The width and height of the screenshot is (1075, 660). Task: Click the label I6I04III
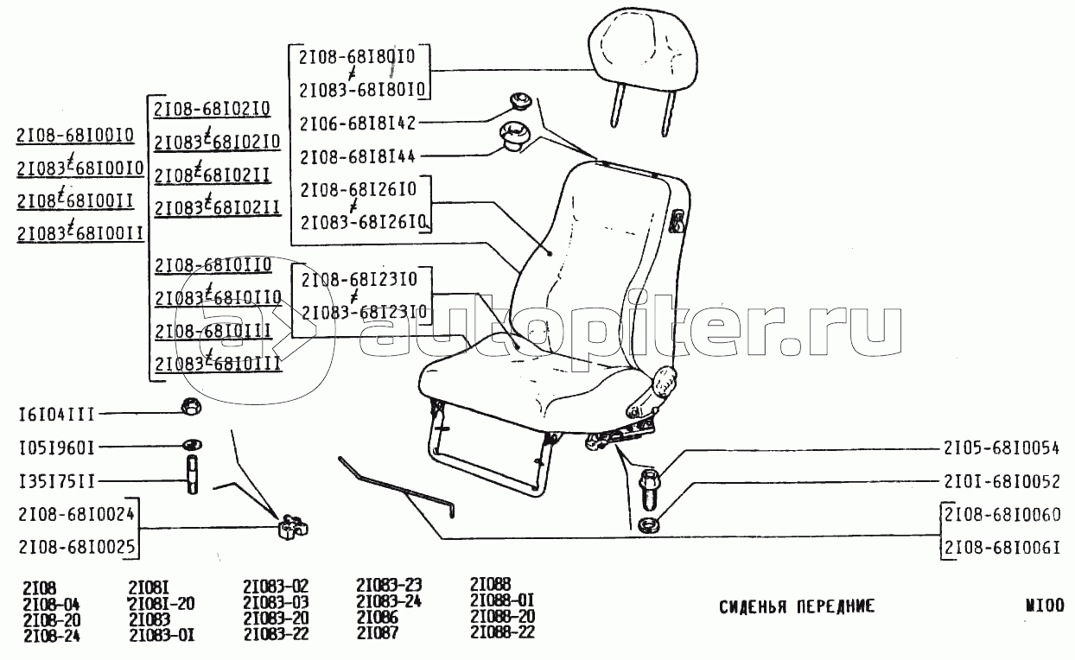click(x=57, y=414)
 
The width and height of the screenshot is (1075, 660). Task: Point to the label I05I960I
click(x=57, y=447)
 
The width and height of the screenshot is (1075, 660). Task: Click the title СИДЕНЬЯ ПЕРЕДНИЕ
click(x=797, y=606)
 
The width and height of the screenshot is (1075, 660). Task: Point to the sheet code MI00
click(x=1046, y=606)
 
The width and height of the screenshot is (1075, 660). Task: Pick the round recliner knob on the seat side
click(x=665, y=382)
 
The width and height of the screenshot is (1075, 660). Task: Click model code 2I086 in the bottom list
click(x=378, y=618)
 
